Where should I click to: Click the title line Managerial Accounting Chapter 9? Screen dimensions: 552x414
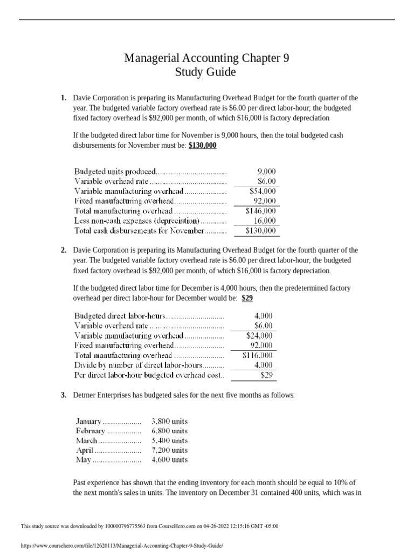[206, 58]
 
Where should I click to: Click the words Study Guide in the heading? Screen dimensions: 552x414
[206, 72]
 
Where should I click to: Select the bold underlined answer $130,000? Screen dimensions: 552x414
[202, 146]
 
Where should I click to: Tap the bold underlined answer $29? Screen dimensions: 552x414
[247, 298]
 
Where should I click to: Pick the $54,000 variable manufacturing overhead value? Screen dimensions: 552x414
[263, 191]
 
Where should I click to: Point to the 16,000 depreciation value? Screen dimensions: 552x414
[264, 220]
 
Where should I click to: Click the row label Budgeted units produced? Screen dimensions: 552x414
[115, 172]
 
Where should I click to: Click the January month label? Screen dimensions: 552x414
[88, 421]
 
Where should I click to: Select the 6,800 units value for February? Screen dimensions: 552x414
[170, 431]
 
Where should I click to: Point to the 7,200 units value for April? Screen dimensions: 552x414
[170, 450]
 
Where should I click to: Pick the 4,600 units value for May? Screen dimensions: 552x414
[170, 460]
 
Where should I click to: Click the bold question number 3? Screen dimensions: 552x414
[64, 395]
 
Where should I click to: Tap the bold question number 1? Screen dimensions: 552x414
[64, 98]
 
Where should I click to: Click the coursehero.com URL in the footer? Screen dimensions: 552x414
[121, 546]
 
